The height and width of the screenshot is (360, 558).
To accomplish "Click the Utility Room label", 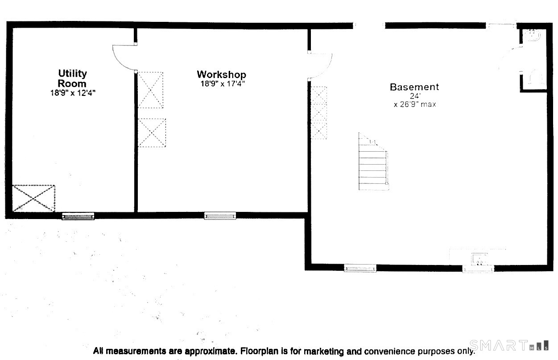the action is (72, 78).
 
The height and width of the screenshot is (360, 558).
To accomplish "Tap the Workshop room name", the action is (221, 74).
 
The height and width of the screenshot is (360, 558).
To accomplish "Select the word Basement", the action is (414, 87).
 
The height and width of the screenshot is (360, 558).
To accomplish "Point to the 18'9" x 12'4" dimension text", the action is (73, 93).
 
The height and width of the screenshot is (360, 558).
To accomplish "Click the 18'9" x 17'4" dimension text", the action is (223, 83).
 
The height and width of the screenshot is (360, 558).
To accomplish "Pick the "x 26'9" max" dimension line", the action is (415, 104).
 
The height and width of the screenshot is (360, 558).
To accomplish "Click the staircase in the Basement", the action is (373, 161).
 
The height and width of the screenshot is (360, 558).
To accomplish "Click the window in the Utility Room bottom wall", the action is (78, 216).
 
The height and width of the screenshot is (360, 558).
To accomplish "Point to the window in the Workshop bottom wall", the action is (220, 216).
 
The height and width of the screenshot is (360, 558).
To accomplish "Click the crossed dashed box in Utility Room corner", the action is (33, 199).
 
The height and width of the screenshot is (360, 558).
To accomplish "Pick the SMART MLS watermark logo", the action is (509, 346).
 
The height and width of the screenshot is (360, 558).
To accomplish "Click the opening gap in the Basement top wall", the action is (369, 25).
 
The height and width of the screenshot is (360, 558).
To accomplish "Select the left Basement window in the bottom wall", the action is (360, 268).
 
